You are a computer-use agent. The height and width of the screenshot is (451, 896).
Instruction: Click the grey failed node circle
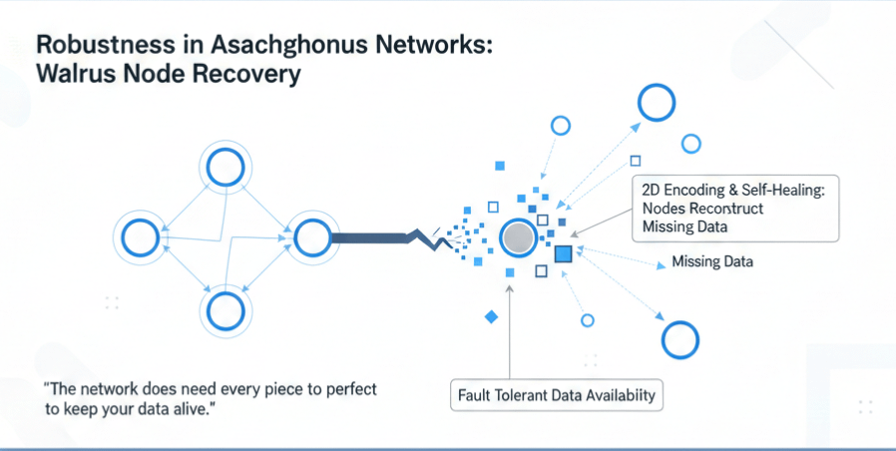coord(518,237)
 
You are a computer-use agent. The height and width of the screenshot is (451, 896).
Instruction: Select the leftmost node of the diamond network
coord(141,237)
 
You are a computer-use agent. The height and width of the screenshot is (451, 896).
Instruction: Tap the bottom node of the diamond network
coord(225,310)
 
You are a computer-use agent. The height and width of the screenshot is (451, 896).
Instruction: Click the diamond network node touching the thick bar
coord(311,237)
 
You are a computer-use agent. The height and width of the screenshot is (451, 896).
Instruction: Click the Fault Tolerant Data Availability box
coord(557,395)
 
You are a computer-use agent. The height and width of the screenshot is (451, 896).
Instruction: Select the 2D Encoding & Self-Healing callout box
coord(735,209)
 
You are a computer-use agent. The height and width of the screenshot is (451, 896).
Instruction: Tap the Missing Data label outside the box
coord(712,262)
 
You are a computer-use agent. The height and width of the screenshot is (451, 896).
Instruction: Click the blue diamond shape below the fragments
coord(490,316)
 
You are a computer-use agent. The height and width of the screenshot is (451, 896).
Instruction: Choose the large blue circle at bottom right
coord(680,339)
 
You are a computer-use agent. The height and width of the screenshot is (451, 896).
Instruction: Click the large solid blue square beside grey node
coord(563,253)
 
